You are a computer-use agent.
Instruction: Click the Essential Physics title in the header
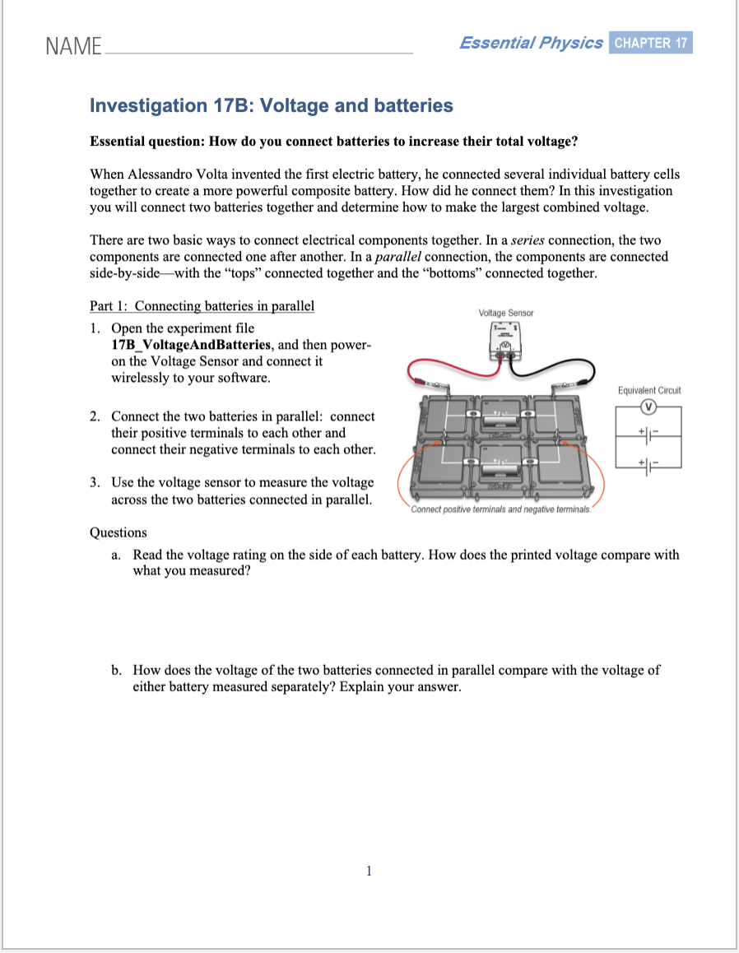click(x=531, y=43)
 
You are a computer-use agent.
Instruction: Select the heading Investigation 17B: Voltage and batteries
click(x=271, y=105)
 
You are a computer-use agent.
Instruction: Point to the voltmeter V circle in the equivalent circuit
click(x=648, y=407)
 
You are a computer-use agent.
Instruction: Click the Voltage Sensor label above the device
click(x=505, y=313)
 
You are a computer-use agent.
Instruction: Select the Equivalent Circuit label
click(x=648, y=390)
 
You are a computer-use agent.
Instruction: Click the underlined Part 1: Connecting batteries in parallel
click(x=202, y=306)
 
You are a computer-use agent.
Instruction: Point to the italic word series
click(x=528, y=240)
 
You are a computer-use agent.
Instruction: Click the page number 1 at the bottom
click(x=369, y=870)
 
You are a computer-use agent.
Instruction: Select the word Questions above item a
click(x=118, y=532)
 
